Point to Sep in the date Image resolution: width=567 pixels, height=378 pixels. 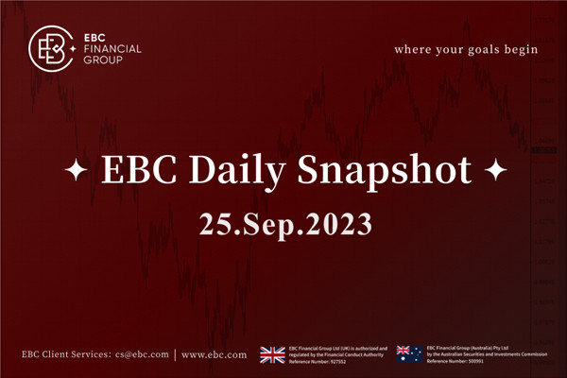271,226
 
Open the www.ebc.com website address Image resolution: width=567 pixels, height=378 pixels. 214,355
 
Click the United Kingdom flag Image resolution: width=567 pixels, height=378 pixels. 272,354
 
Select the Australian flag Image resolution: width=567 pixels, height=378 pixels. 409,354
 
